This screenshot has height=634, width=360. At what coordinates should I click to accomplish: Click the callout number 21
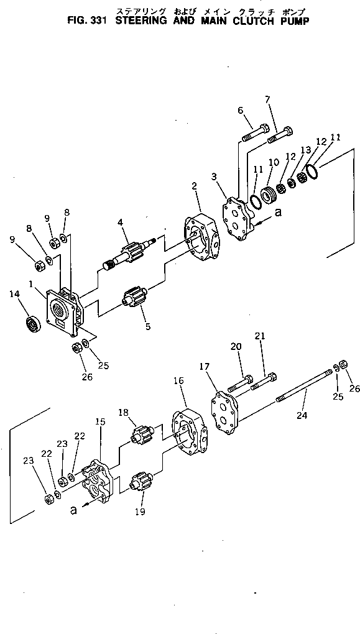[259, 335]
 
